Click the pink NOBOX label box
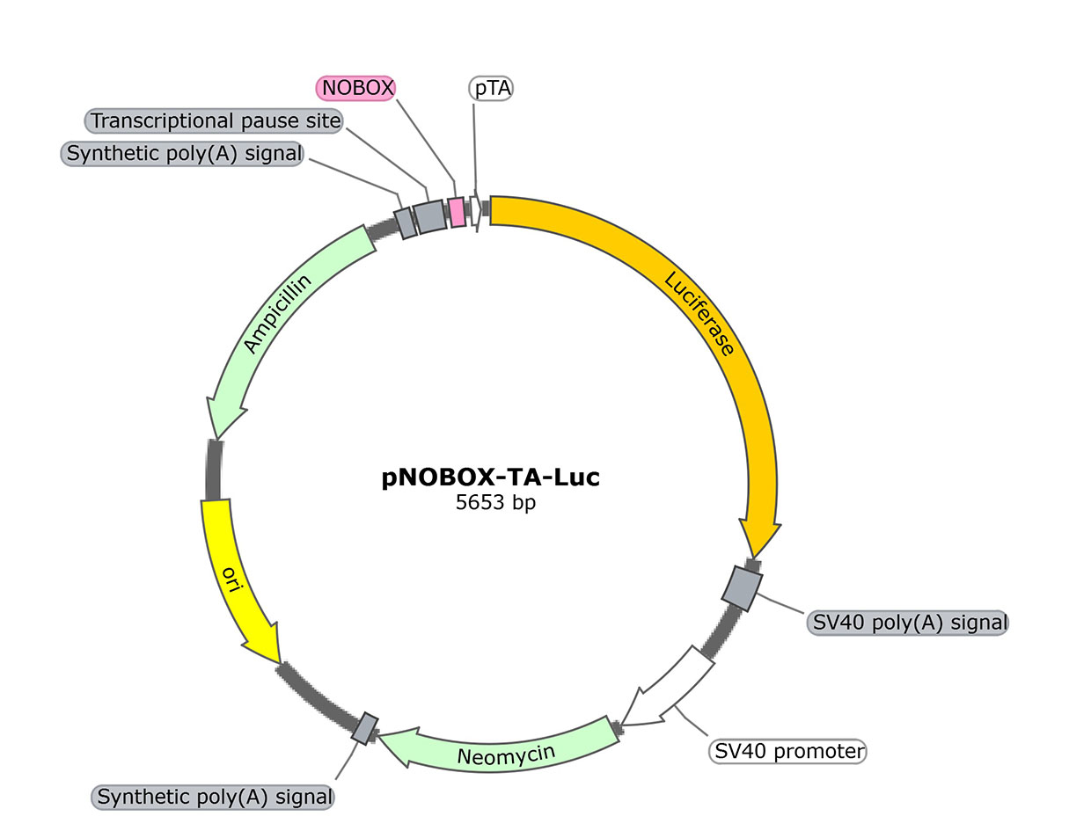tap(355, 87)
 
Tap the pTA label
tap(492, 88)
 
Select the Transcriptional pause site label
tap(216, 120)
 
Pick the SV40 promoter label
tap(787, 751)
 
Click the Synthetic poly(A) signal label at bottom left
tap(215, 798)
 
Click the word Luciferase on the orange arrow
tap(699, 313)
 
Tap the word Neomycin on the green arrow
tap(506, 754)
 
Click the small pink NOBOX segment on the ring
tap(456, 212)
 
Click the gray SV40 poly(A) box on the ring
tap(743, 588)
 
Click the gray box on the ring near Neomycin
tap(365, 727)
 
